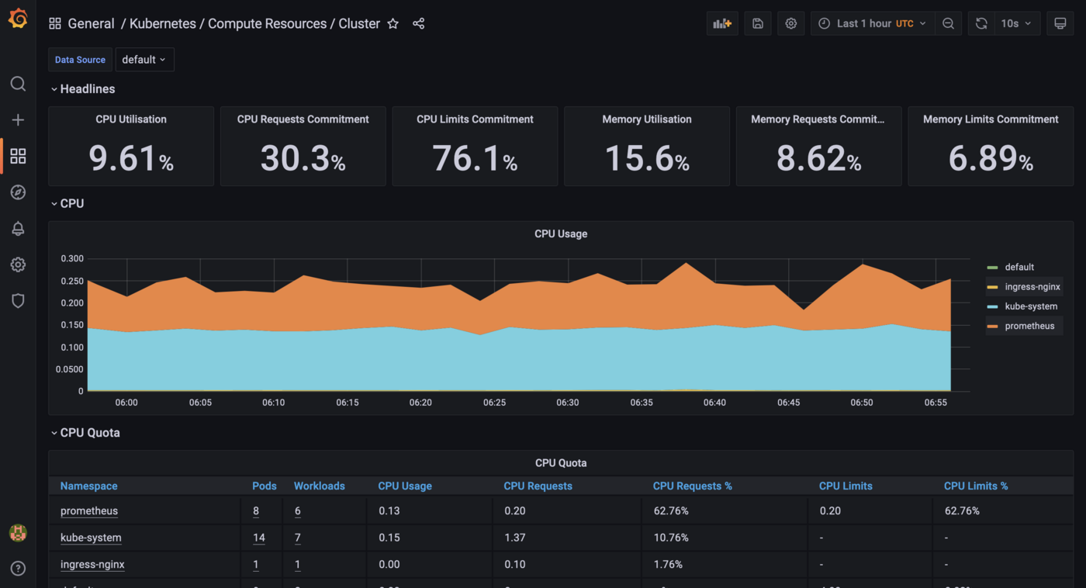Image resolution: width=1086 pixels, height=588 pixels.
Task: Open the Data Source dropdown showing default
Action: (144, 60)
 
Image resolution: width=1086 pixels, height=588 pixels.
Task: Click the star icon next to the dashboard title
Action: (393, 24)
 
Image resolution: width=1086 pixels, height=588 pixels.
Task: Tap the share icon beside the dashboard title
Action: (419, 24)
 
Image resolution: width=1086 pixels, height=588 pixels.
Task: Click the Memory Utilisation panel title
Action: (646, 119)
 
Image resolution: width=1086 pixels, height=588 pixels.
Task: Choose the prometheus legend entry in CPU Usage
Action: (1029, 326)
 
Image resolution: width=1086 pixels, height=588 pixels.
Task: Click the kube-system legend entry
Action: (1030, 306)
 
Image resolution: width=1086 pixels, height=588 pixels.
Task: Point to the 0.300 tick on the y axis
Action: (72, 258)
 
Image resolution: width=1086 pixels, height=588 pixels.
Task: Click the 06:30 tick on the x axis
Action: (567, 403)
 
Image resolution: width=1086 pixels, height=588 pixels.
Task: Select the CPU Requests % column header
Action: (692, 486)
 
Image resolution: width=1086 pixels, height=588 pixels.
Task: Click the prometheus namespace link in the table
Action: (89, 511)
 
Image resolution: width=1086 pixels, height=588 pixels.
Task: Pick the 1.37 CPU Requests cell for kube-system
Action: (514, 538)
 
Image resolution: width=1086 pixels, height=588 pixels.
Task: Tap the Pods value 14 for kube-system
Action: (259, 538)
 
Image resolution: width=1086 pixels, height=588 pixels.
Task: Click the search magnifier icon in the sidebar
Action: (18, 84)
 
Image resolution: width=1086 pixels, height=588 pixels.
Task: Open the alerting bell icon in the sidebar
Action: (18, 229)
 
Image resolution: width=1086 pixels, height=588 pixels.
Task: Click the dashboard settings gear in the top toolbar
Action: (790, 24)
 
